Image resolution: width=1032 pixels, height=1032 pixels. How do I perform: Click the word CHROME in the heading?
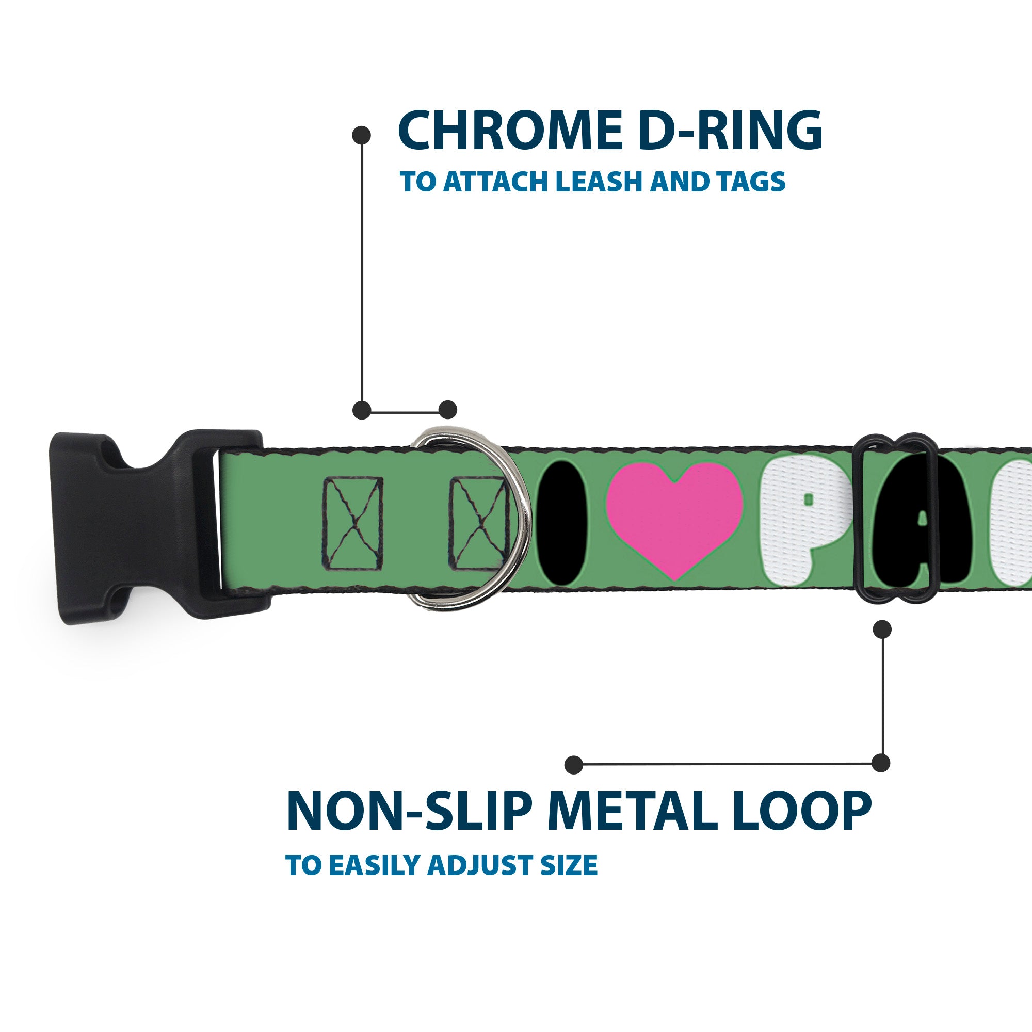[509, 132]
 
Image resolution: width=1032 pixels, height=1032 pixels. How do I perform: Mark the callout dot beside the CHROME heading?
[362, 135]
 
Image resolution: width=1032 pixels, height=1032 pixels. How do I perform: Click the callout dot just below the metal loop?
[882, 629]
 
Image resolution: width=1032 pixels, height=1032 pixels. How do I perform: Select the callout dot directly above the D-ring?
[447, 410]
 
